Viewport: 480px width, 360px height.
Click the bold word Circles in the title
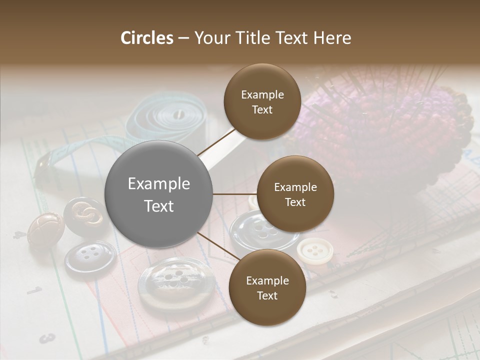147,38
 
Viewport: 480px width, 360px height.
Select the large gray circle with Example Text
159,194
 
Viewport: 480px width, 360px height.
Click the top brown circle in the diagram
262,101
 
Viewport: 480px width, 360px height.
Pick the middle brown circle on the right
295,194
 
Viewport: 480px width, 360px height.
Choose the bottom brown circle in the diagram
267,287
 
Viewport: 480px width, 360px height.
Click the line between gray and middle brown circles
234,194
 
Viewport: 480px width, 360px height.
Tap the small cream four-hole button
314,250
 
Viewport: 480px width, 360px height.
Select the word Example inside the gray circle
159,184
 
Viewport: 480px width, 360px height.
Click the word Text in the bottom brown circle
267,295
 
